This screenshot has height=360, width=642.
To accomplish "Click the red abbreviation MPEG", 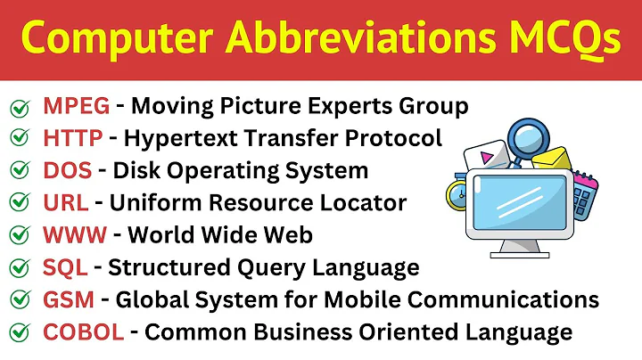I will click(x=77, y=107).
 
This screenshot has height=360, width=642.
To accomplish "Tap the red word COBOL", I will click(x=83, y=332).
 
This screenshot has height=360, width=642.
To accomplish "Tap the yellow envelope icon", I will click(x=552, y=160).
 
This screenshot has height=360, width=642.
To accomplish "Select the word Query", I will click(x=267, y=267).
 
